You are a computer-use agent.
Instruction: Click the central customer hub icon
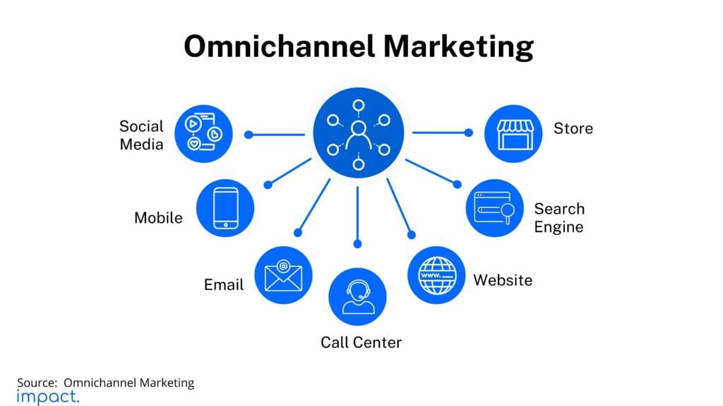tap(358, 133)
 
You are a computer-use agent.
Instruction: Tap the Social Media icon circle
tap(203, 134)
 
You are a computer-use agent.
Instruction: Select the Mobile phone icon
tap(225, 208)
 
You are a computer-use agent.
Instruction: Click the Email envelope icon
tap(283, 276)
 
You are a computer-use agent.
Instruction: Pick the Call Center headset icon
tap(357, 297)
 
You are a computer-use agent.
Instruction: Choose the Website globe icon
tap(436, 275)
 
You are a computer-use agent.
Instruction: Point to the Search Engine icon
tap(494, 208)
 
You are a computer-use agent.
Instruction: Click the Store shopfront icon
tap(513, 134)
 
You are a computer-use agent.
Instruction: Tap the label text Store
tap(573, 129)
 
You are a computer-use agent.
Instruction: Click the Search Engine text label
tap(558, 218)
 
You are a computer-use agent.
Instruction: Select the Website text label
tap(502, 281)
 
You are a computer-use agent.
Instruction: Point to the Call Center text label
tap(361, 343)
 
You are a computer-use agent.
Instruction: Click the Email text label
tap(223, 285)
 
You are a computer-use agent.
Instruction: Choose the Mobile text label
tap(158, 218)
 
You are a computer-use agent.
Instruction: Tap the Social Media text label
tap(141, 135)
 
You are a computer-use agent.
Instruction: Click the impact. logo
tap(48, 397)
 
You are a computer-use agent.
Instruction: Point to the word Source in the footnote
tap(36, 383)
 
